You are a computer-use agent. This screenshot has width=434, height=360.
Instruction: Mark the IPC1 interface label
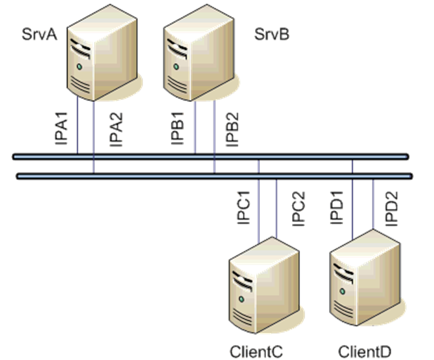pyautogui.click(x=244, y=209)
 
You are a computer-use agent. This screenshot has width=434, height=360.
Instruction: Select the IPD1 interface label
pyautogui.click(x=336, y=209)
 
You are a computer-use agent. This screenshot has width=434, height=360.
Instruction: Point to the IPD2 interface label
pyautogui.click(x=391, y=209)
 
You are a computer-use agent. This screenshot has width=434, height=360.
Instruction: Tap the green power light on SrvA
pyautogui.click(x=81, y=67)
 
